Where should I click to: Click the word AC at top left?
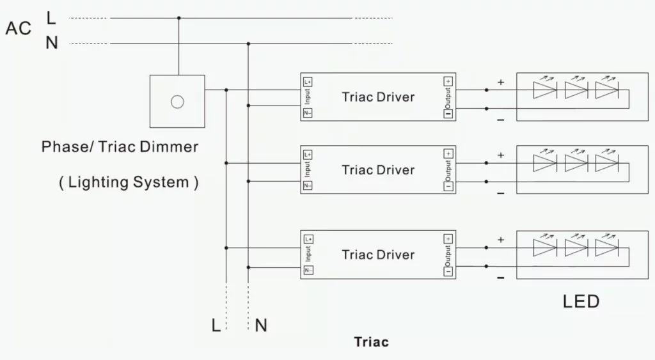[x=19, y=28]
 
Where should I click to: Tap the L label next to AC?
[x=51, y=18]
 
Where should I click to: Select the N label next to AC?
[x=52, y=43]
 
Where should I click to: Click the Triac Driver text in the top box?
[x=378, y=97]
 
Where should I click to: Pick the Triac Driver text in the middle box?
[x=378, y=170]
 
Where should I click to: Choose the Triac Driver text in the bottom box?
[x=378, y=254]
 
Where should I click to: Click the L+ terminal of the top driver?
[x=308, y=82]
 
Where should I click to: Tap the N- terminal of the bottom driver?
[x=308, y=270]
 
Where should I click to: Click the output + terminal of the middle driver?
[x=448, y=153]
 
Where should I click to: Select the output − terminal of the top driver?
[x=448, y=114]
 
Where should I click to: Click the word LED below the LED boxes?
[x=581, y=302]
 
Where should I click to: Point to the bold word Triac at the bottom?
[x=372, y=342]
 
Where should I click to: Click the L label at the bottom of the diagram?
[x=216, y=325]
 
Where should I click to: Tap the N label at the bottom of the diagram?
[x=261, y=325]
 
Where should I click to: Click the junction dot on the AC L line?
[x=179, y=18]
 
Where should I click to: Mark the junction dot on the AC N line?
[x=248, y=43]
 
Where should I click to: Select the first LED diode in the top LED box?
[x=545, y=90]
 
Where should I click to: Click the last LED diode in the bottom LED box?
[x=607, y=247]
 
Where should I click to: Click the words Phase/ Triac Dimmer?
[x=120, y=146]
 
